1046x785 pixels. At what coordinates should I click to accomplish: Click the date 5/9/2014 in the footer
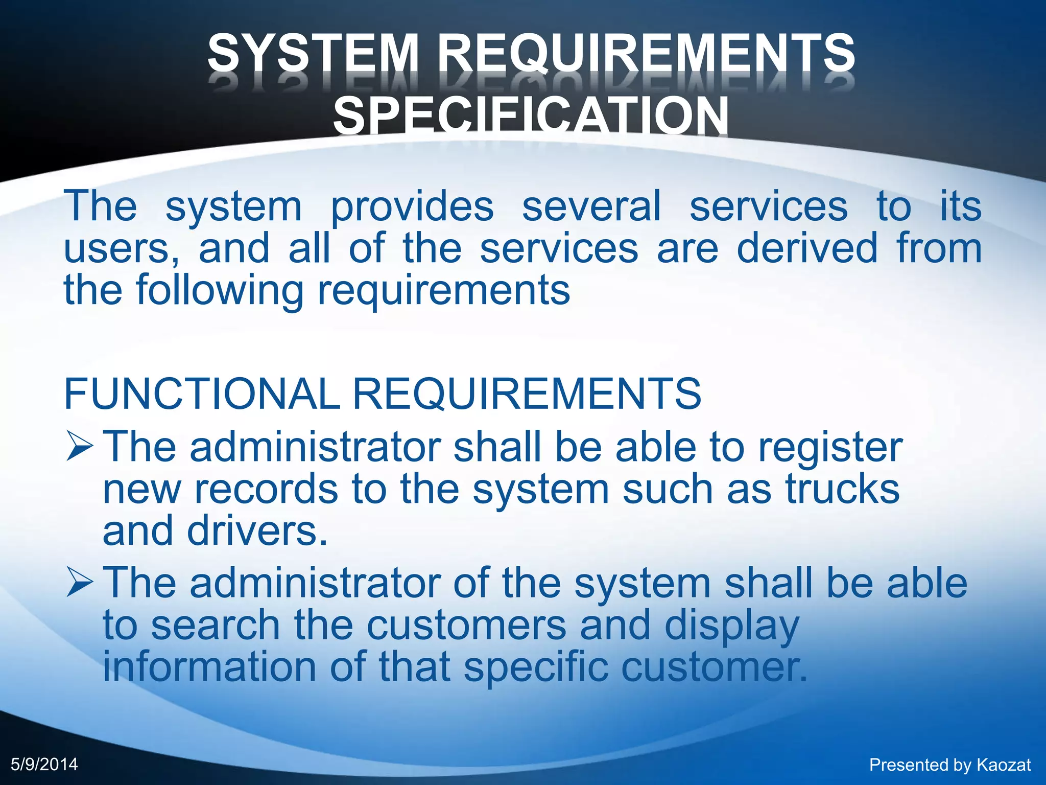tap(44, 764)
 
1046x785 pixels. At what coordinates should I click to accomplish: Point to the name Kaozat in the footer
tap(1004, 765)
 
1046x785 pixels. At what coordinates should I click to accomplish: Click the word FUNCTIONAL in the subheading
tap(202, 394)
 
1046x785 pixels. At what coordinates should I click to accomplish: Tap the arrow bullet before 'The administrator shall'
tap(80, 446)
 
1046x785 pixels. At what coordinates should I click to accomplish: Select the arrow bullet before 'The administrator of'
tap(80, 583)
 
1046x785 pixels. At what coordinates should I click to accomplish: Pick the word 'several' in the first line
tap(591, 206)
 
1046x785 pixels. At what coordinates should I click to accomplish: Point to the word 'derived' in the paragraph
tap(807, 248)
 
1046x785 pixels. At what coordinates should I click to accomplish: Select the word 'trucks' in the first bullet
tap(842, 489)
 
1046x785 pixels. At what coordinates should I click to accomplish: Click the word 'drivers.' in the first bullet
tap(257, 531)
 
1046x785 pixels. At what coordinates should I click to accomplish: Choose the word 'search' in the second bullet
tap(216, 625)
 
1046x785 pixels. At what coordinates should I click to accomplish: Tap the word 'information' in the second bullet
tap(209, 667)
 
